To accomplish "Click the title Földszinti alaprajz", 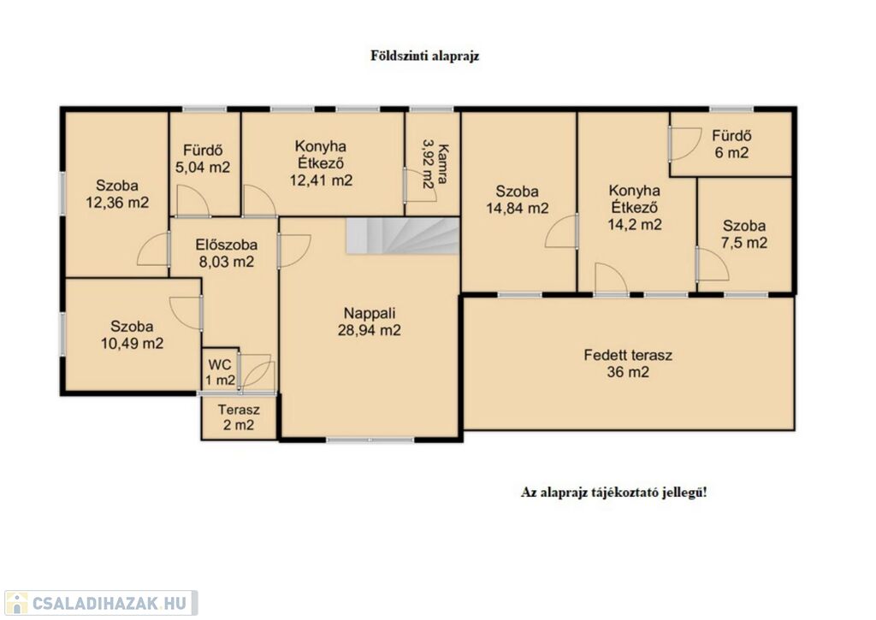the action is pyautogui.click(x=424, y=56).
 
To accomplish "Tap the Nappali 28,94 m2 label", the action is pyautogui.click(x=370, y=322).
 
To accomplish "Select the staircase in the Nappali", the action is pyautogui.click(x=402, y=236).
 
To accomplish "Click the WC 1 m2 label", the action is pyautogui.click(x=220, y=373).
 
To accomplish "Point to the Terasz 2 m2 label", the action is pyautogui.click(x=239, y=417).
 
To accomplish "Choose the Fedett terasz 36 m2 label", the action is pyautogui.click(x=628, y=363).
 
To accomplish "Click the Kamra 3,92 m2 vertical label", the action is pyautogui.click(x=435, y=166).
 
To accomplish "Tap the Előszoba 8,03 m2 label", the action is pyautogui.click(x=226, y=253).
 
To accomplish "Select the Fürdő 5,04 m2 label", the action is pyautogui.click(x=203, y=158).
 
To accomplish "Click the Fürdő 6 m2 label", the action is pyautogui.click(x=731, y=144).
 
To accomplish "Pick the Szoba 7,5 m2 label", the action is pyautogui.click(x=744, y=234).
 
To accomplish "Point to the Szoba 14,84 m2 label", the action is pyautogui.click(x=518, y=200).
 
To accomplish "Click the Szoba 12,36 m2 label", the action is pyautogui.click(x=117, y=193).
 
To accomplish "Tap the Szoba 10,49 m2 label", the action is pyautogui.click(x=132, y=334).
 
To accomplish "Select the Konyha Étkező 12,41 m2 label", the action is pyautogui.click(x=322, y=163).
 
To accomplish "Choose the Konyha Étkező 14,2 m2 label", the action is pyautogui.click(x=635, y=207).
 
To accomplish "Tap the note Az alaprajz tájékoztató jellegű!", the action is pyautogui.click(x=614, y=493).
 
